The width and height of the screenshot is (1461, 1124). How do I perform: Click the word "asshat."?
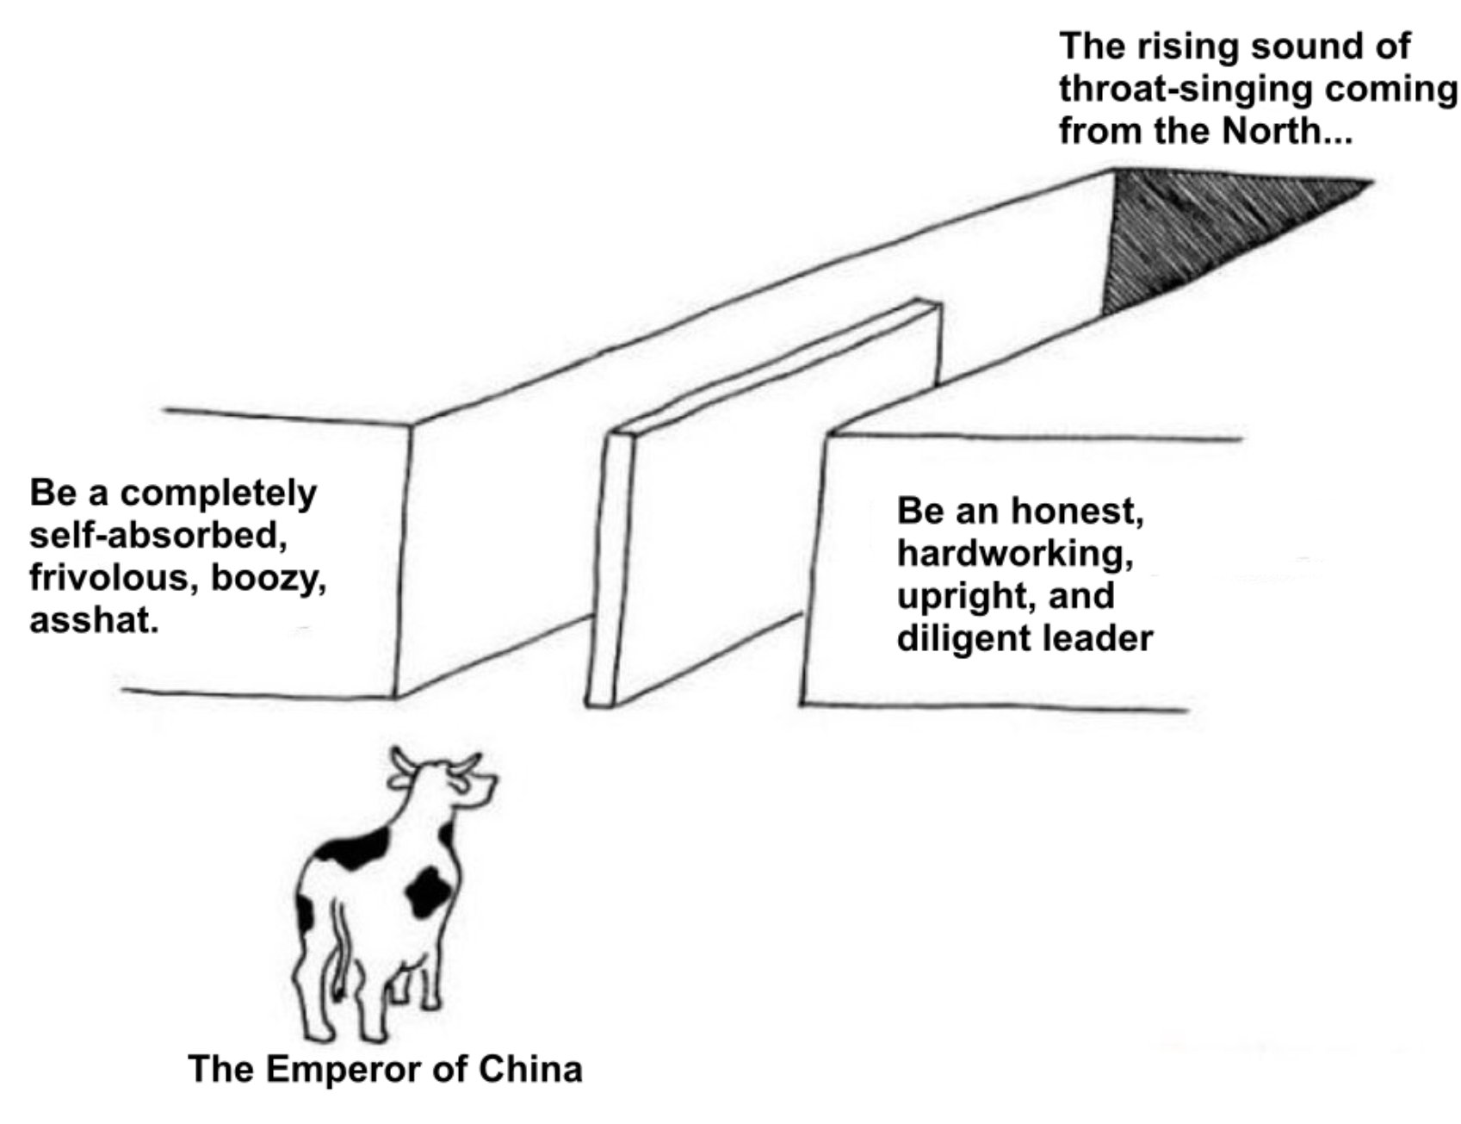94,620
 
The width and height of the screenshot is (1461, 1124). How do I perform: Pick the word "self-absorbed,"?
158,536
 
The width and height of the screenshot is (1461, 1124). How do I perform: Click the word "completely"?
218,494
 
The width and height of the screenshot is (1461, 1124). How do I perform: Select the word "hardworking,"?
1014,553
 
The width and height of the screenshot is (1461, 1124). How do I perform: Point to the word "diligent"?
963,638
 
